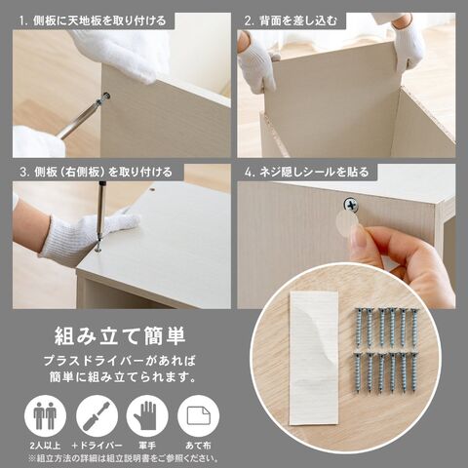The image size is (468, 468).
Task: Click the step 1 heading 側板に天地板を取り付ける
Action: pos(93,21)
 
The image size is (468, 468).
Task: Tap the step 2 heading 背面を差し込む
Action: pos(291,21)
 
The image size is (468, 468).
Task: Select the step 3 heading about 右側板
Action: pos(96,172)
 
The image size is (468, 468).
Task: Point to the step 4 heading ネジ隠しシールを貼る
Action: pos(306,172)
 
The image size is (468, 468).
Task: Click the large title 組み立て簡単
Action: pos(120,336)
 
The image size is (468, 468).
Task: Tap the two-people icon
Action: pos(45,415)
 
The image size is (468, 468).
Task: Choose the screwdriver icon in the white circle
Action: pos(97,415)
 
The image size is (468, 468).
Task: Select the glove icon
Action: pos(147,415)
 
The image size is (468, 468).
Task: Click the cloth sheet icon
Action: pos(198,415)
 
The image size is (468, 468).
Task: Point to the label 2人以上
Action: pos(45,446)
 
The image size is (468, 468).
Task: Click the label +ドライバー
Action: pos(97,446)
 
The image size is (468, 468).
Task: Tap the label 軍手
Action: pos(147,446)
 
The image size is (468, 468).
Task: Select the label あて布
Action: pos(198,446)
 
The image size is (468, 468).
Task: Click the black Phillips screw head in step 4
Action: pos(351,205)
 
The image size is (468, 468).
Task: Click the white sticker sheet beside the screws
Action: pos(314,358)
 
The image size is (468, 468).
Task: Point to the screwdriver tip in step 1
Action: pos(105,97)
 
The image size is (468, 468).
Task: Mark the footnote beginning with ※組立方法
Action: pos(124,458)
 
